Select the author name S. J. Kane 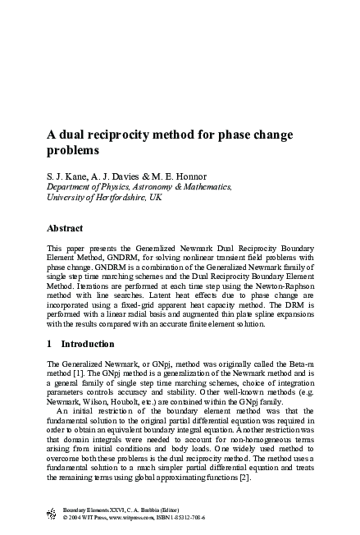(x=66, y=176)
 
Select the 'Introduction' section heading (x=88, y=344)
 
